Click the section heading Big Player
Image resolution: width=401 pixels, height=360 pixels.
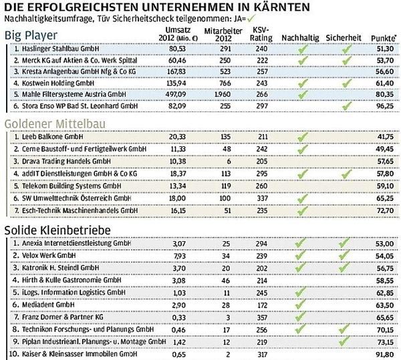(31, 35)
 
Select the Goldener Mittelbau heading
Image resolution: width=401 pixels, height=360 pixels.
(55, 124)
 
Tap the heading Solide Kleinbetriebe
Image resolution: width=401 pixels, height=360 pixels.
(57, 230)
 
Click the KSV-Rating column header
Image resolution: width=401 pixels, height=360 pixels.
(261, 34)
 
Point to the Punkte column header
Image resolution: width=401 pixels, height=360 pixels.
(384, 38)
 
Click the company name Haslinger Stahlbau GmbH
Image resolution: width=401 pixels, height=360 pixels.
(60, 49)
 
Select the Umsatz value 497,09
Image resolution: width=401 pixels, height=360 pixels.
(176, 94)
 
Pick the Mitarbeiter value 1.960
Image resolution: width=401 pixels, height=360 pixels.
(223, 94)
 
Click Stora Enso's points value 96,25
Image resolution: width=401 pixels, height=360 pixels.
(385, 106)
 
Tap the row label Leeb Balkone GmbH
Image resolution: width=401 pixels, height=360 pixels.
(52, 137)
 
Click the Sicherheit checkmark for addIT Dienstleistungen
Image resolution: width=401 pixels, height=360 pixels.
(346, 174)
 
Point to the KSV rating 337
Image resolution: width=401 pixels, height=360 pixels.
(262, 198)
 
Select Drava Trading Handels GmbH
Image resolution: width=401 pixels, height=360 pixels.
(66, 161)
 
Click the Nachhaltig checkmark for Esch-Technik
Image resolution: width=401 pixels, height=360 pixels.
(303, 210)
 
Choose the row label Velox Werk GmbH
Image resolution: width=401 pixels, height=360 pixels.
(49, 256)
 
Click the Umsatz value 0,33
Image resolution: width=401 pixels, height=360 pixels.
(179, 317)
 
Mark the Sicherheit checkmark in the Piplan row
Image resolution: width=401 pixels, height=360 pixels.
(344, 341)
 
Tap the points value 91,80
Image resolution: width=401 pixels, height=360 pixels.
(385, 355)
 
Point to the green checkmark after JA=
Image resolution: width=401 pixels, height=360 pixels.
(251, 19)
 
